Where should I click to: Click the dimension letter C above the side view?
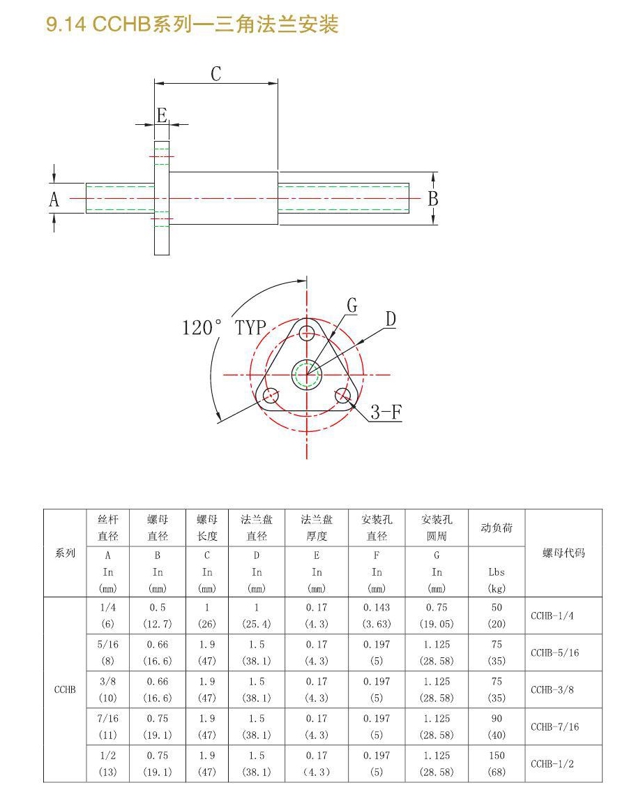[216, 74]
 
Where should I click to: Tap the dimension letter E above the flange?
[162, 115]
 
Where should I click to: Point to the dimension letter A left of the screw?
[54, 200]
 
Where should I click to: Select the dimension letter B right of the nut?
[433, 198]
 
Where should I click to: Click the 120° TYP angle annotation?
[225, 327]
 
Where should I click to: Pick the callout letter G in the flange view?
[351, 305]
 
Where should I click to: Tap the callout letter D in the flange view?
[391, 319]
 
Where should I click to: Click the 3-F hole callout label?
[386, 412]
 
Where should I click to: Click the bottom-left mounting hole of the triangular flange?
[271, 395]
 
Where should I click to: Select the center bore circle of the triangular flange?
[306, 375]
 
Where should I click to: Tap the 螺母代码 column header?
[563, 553]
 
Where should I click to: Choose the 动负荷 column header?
[497, 528]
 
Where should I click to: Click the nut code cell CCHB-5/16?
[555, 652]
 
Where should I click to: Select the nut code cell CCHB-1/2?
[552, 764]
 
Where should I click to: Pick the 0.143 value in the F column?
[377, 607]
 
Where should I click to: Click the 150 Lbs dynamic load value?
[497, 755]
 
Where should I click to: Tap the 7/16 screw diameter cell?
[108, 719]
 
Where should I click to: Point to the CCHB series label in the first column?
[65, 689]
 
